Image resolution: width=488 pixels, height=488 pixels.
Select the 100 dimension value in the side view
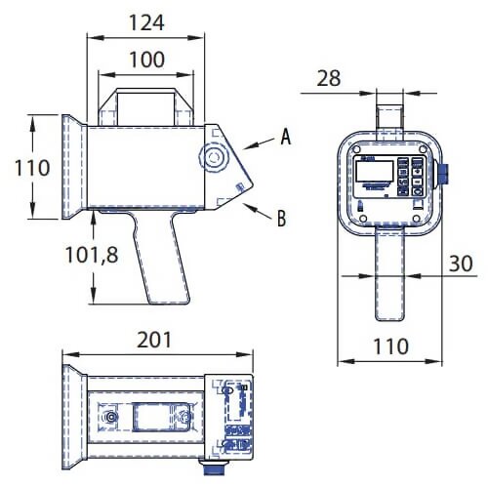coord(146,59)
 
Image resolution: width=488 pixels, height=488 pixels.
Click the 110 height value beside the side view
coord(31,167)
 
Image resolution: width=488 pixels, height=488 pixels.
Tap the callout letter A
coord(285,138)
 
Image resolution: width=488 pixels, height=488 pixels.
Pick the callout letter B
coord(281,220)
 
